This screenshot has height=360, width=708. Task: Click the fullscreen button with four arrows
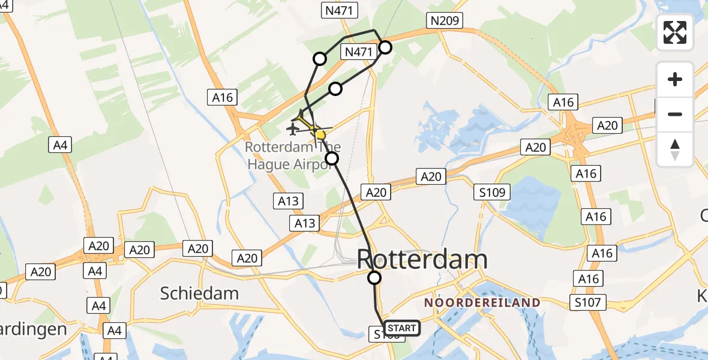tap(675, 32)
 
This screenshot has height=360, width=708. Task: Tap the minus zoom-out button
tap(675, 114)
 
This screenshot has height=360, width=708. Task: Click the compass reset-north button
tap(675, 149)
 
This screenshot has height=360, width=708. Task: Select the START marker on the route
tap(401, 328)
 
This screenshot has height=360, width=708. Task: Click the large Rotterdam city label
tap(422, 260)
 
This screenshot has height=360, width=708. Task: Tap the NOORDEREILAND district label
tap(482, 303)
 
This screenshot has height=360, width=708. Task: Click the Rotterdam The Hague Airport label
tap(293, 155)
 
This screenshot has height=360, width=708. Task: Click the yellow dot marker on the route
tap(321, 134)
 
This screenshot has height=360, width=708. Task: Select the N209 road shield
tap(444, 21)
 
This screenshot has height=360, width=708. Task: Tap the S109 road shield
tap(491, 193)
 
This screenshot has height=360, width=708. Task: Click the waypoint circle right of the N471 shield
tap(385, 47)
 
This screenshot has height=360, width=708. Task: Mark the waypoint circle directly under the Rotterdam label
tap(374, 278)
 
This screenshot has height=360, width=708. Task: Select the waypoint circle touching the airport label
tap(332, 158)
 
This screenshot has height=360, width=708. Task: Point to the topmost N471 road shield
tap(340, 10)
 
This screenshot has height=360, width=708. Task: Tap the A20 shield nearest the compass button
tap(607, 125)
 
